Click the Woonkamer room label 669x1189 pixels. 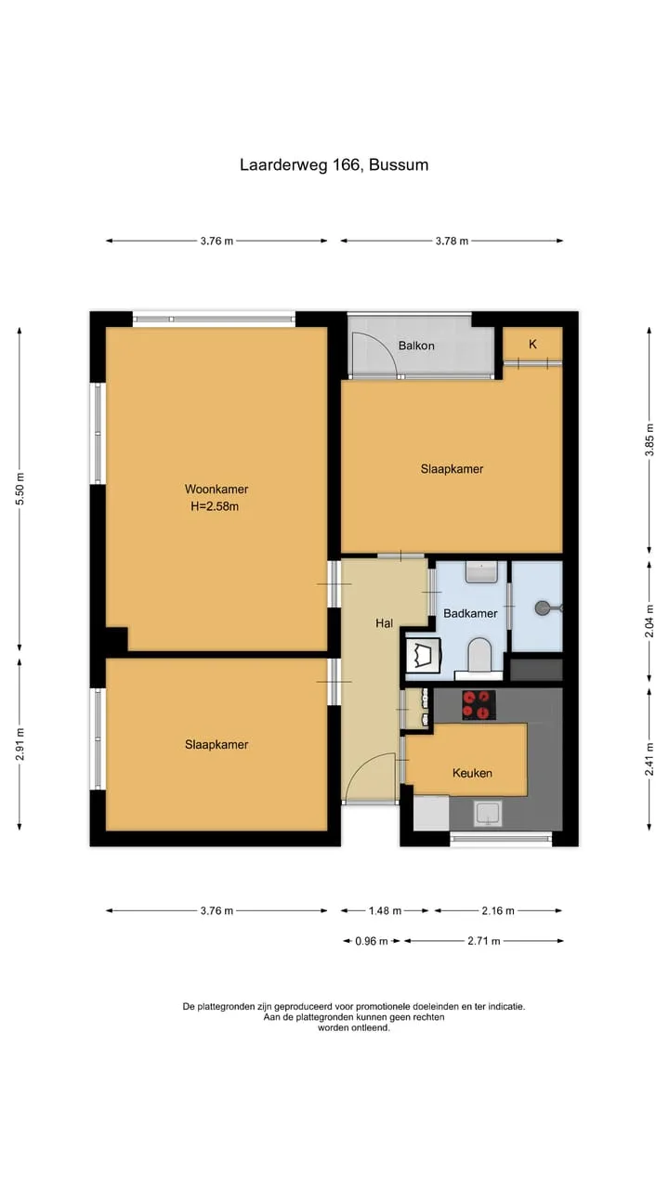point(216,489)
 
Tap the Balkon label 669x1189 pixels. point(416,346)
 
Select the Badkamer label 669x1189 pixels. point(470,613)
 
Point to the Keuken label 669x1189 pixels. point(472,773)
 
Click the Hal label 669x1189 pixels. point(384,623)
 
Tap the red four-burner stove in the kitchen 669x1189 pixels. point(479,705)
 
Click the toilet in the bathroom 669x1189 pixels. point(479,656)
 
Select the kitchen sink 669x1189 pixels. point(488,814)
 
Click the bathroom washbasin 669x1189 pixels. point(481,571)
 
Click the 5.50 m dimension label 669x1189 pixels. point(20,489)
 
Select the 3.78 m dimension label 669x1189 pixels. point(452,241)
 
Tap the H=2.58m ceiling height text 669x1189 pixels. point(215,506)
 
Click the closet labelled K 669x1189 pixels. point(532,344)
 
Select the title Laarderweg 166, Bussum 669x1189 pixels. point(334,164)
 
